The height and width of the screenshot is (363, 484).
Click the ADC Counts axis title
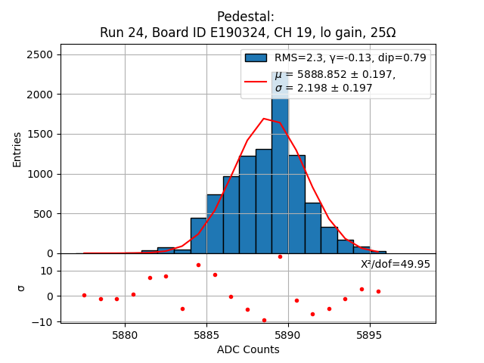(248, 349)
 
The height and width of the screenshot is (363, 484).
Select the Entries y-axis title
(17, 149)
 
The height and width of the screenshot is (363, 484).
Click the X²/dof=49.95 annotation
(396, 264)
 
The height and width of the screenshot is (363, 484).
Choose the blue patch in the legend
(256, 57)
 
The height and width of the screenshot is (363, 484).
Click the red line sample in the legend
(256, 81)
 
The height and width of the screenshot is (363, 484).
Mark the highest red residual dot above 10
(280, 256)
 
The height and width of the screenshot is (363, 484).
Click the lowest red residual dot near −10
(264, 320)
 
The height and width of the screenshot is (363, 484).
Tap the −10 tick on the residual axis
(42, 321)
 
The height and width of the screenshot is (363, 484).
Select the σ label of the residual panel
(21, 287)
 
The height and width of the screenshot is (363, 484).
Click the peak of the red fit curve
(264, 119)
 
